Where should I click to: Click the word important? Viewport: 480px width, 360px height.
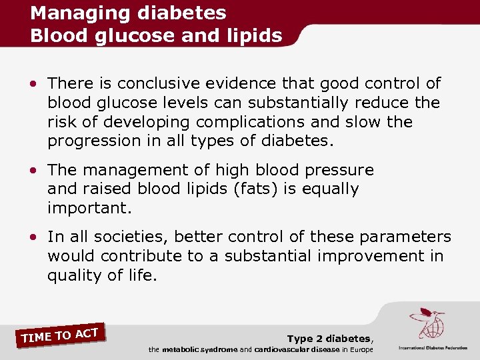[90, 209]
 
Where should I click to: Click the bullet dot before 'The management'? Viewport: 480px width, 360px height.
[33, 171]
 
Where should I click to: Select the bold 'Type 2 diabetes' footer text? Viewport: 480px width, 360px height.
[329, 339]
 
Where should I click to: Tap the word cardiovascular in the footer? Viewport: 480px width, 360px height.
[282, 350]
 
